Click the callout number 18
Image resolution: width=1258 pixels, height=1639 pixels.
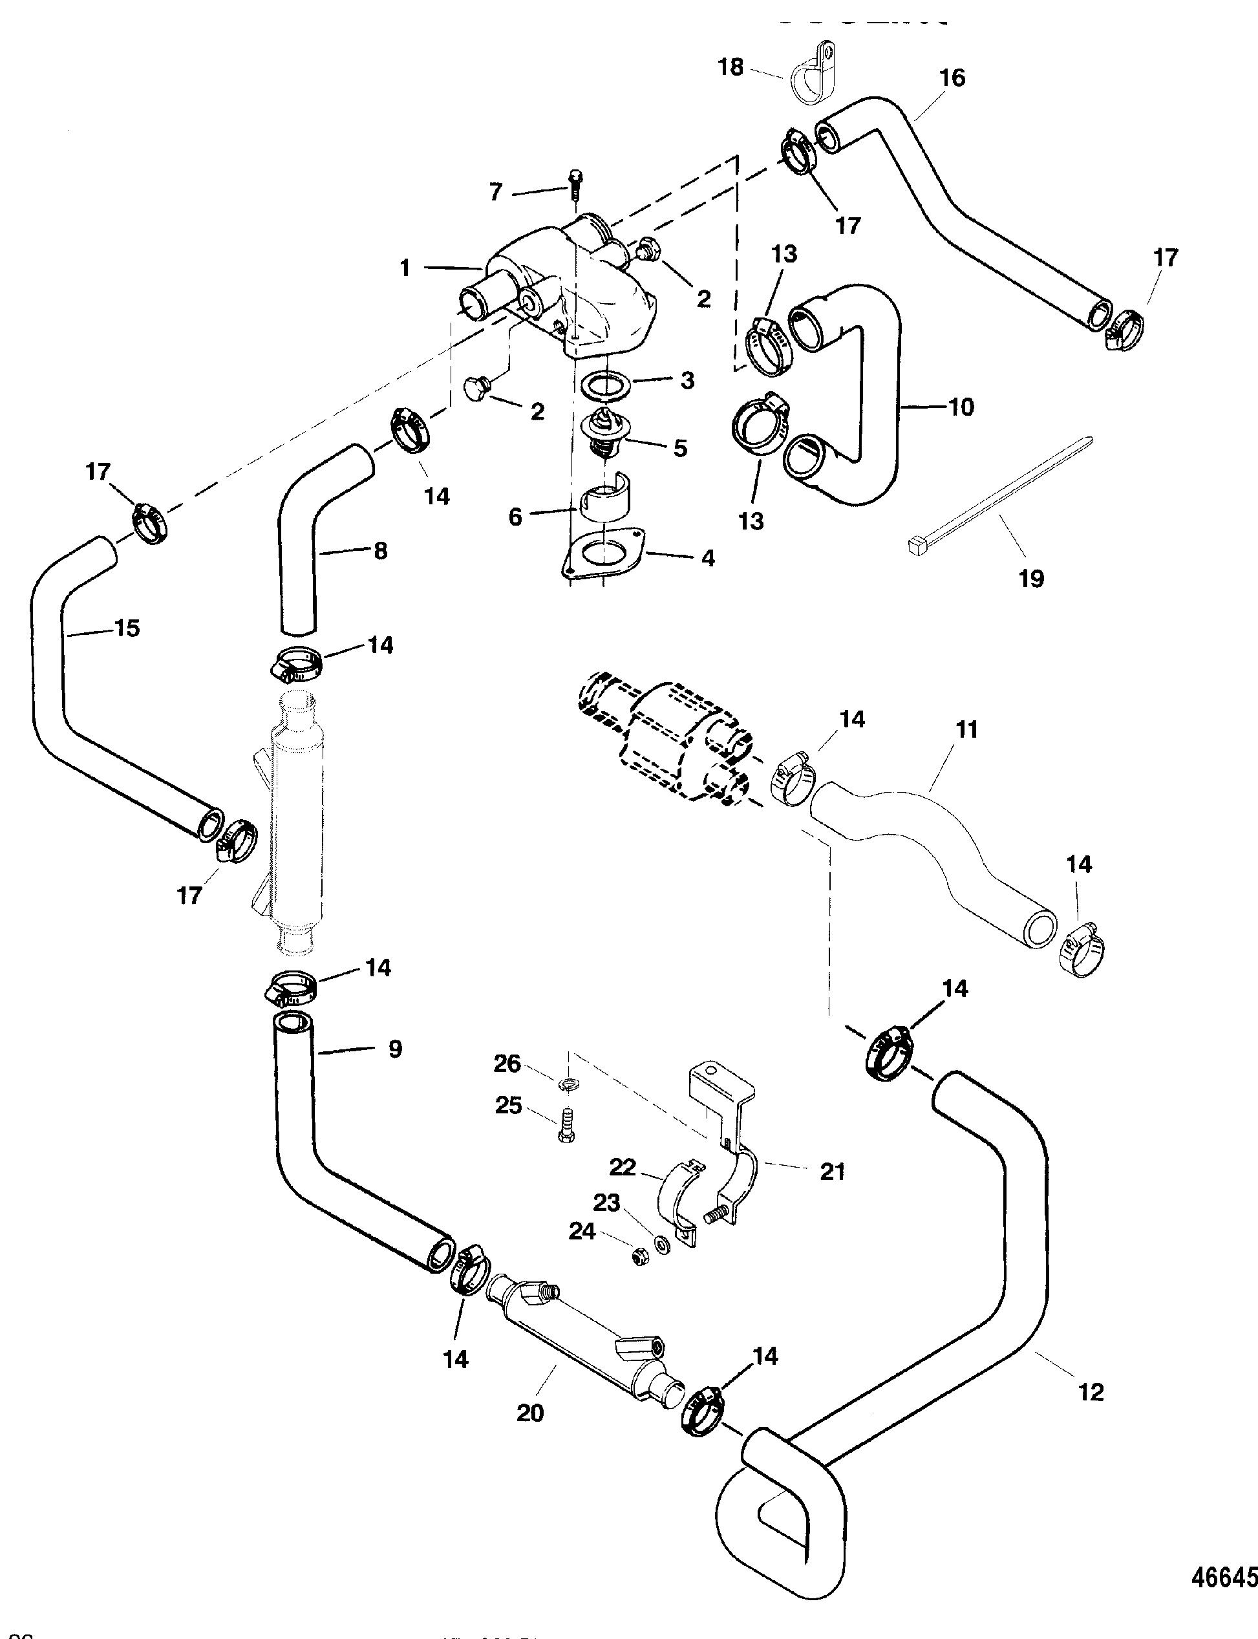click(x=731, y=67)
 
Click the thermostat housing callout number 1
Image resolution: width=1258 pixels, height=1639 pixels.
click(x=405, y=268)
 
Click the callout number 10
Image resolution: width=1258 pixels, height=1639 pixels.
click(x=961, y=407)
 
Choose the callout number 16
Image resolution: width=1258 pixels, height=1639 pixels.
click(x=952, y=78)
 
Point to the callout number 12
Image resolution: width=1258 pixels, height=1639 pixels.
click(x=1091, y=1392)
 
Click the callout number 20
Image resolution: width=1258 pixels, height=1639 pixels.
click(x=530, y=1413)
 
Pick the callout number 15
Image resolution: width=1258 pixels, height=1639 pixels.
click(x=127, y=628)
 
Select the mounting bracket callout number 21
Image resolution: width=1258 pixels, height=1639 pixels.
click(x=832, y=1172)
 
